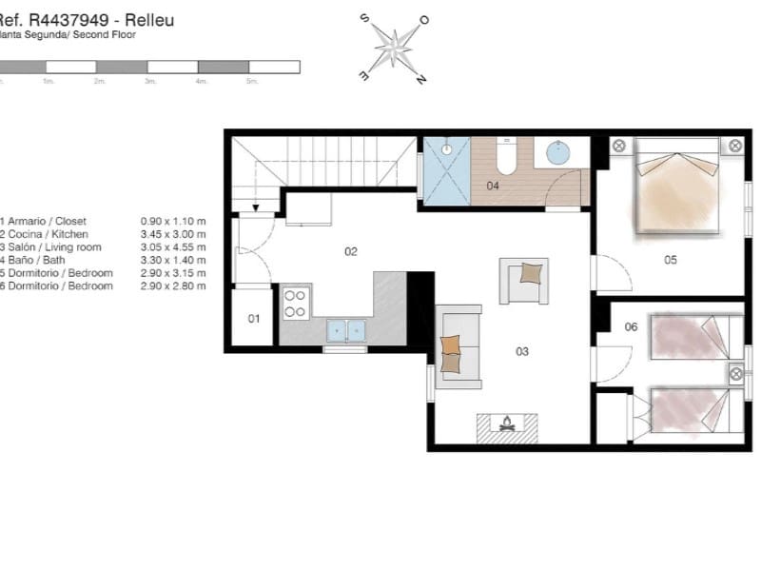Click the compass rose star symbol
pyautogui.click(x=392, y=49)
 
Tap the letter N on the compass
pyautogui.click(x=420, y=80)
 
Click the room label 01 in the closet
pyautogui.click(x=254, y=319)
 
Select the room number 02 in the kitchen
pyautogui.click(x=351, y=252)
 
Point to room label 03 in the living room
pyautogui.click(x=522, y=351)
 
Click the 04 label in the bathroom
pyautogui.click(x=493, y=186)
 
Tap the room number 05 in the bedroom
pyautogui.click(x=671, y=259)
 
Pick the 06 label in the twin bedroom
pyautogui.click(x=631, y=327)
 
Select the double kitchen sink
pyautogui.click(x=346, y=330)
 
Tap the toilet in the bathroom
pyautogui.click(x=506, y=157)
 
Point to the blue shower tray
pyautogui.click(x=446, y=170)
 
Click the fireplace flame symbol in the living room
pyautogui.click(x=506, y=423)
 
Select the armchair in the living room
pyautogui.click(x=524, y=279)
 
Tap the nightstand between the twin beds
pyautogui.click(x=735, y=372)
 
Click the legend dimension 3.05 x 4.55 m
pyautogui.click(x=173, y=247)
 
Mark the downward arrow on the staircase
pyautogui.click(x=255, y=207)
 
